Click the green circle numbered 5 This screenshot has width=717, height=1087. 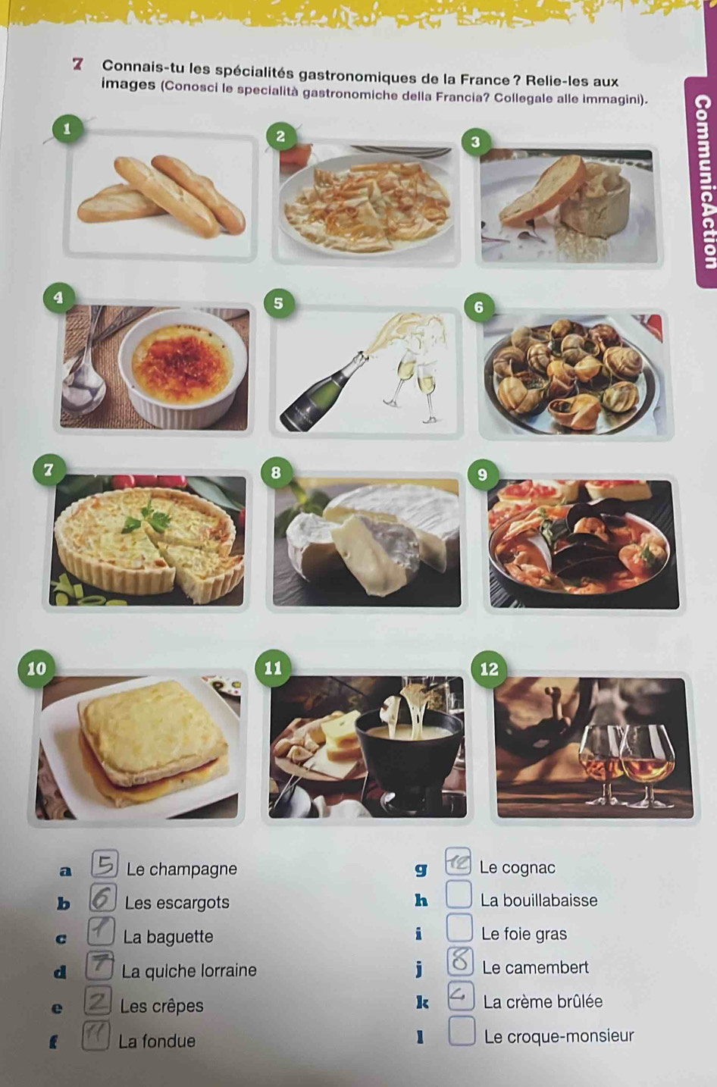point(278,303)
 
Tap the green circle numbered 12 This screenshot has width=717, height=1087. point(489,669)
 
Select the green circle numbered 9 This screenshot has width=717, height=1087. point(482,474)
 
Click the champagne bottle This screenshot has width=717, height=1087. point(324,391)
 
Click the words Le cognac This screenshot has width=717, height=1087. point(517,868)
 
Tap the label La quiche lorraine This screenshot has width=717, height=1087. point(189,970)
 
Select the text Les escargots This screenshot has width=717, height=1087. point(177,903)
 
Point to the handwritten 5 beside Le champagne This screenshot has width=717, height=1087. point(105,864)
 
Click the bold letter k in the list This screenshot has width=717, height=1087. point(422,1003)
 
